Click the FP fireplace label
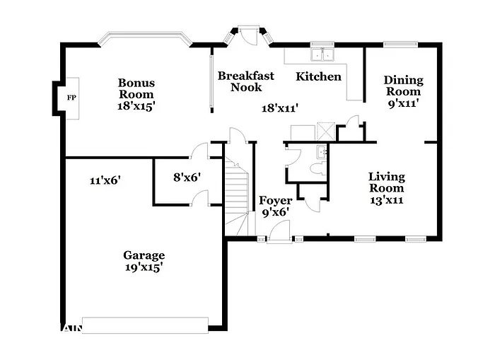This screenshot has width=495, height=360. [x=71, y=97]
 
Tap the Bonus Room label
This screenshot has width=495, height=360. [x=136, y=88]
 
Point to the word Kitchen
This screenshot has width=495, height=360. [x=318, y=76]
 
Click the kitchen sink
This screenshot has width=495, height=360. [x=322, y=54]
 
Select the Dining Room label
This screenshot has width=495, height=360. [x=403, y=86]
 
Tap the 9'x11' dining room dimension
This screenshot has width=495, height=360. [x=403, y=103]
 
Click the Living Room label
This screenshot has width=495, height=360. [x=387, y=182]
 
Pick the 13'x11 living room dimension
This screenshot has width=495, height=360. [x=387, y=199]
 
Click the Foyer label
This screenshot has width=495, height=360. [x=275, y=201]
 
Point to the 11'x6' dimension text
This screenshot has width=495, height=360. [x=105, y=180]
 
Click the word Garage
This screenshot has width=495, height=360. [x=144, y=255]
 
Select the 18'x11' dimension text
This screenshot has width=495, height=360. [x=279, y=108]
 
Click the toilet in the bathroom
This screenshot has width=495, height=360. [x=319, y=168]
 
